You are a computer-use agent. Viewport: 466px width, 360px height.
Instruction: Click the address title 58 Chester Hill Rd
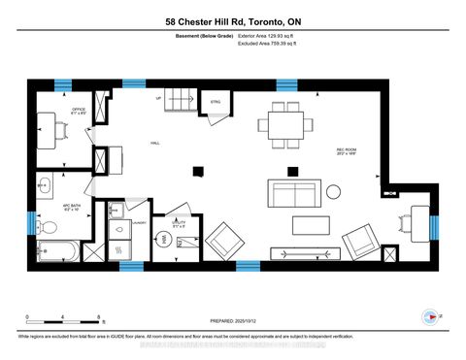pyautogui.click(x=232, y=21)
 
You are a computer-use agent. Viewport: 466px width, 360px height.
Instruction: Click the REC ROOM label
pyautogui.click(x=345, y=149)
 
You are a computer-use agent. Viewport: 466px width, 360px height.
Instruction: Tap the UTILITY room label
pyautogui.click(x=178, y=222)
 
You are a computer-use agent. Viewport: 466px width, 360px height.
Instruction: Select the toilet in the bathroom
pyautogui.click(x=46, y=223)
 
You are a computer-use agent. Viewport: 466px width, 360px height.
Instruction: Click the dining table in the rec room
pyautogui.click(x=284, y=123)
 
